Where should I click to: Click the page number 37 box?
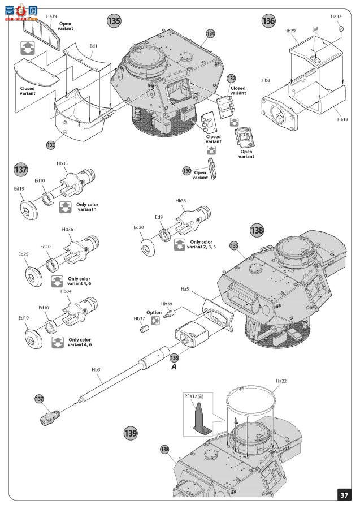(344, 495)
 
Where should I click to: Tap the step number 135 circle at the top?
(114, 21)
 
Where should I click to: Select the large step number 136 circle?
(268, 21)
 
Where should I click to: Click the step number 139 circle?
(131, 433)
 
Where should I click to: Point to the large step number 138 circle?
(257, 231)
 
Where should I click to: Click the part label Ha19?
(51, 16)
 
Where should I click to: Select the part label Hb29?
(290, 31)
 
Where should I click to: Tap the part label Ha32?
(336, 16)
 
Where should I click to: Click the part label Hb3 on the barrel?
(96, 370)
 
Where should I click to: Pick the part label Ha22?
(281, 381)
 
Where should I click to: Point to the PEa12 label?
(190, 396)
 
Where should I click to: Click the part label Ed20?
(138, 227)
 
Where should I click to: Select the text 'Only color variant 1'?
(87, 207)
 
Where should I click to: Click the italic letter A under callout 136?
(174, 367)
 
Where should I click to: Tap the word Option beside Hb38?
(154, 313)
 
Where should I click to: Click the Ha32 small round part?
(341, 29)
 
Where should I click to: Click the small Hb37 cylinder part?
(145, 329)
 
